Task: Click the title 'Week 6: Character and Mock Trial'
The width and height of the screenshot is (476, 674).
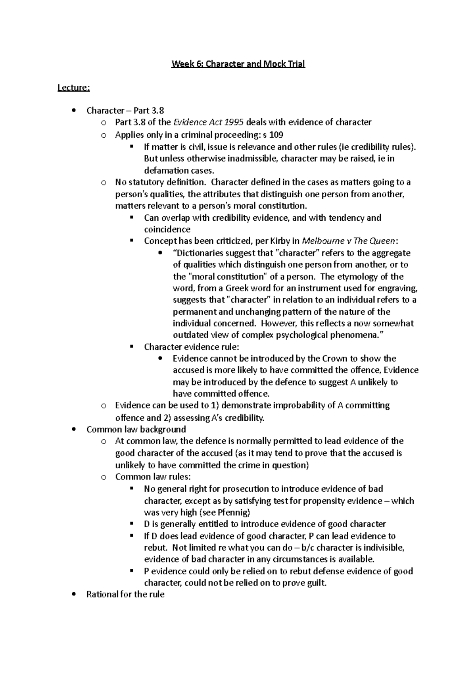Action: (238, 64)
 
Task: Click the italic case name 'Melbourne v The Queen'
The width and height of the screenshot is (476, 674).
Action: (348, 241)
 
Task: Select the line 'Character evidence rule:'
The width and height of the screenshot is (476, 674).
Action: (192, 347)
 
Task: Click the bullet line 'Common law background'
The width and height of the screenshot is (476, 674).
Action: (136, 429)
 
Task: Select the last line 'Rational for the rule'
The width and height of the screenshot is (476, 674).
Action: (125, 595)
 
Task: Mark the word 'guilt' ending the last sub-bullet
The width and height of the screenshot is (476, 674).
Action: (316, 583)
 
